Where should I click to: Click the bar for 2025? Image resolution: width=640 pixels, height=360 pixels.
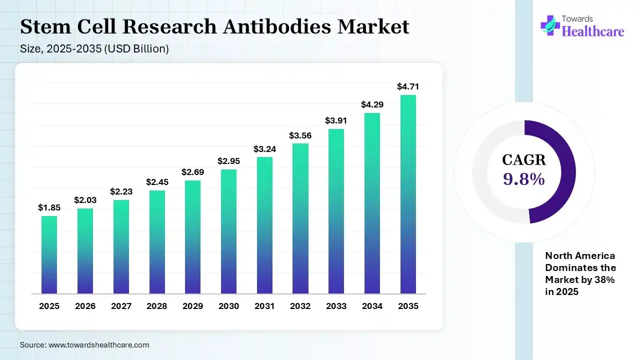point(49,254)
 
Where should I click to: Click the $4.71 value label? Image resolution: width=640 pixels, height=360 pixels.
point(408,86)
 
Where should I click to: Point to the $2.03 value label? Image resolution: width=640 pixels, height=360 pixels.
point(85,200)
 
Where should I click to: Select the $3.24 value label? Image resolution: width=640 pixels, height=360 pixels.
point(264,148)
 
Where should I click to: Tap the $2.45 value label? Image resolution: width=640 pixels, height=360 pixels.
point(157,182)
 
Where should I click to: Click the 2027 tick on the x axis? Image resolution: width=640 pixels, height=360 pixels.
point(121,306)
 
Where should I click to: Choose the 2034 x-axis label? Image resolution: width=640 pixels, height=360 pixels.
point(372,306)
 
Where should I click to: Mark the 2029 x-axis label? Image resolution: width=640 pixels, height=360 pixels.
point(192,306)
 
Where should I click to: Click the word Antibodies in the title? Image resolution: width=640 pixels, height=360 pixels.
point(277,26)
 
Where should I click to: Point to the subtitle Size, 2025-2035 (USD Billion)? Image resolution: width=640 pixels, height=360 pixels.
point(94,49)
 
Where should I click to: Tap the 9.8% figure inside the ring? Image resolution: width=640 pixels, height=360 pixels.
point(523,179)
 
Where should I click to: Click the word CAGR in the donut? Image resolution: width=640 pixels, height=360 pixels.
point(523,160)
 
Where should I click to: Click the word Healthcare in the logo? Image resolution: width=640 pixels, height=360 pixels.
point(593,31)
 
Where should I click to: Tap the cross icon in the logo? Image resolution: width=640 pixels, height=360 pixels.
point(549,25)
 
